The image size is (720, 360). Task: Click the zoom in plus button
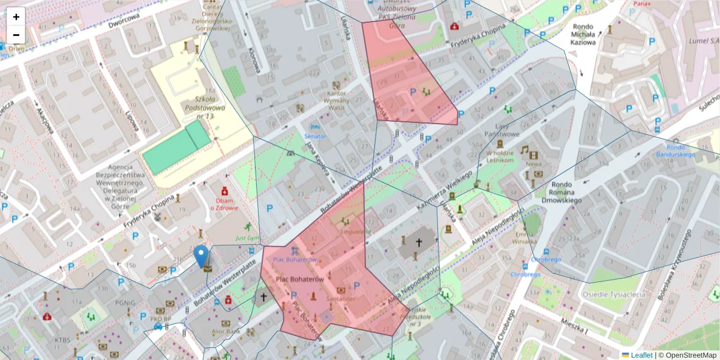[x=16, y=17]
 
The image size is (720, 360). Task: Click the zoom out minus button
[x=16, y=35]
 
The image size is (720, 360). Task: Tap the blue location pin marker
[x=202, y=256]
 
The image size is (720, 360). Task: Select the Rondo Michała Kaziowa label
[x=584, y=34]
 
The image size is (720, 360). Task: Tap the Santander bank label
[x=341, y=298]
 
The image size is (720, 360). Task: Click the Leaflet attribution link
[x=641, y=355]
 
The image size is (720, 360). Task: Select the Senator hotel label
[x=316, y=136]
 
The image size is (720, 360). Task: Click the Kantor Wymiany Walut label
[x=341, y=100]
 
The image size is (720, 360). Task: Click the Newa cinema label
[x=533, y=163]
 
